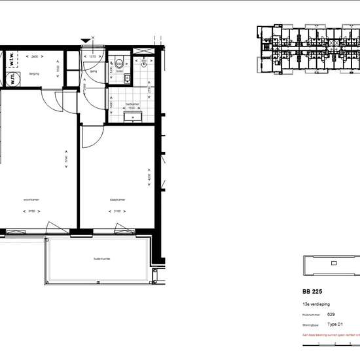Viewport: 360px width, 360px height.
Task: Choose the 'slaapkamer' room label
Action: (117, 199)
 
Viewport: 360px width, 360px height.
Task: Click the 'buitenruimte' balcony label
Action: (101, 259)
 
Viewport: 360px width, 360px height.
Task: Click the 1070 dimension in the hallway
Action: (92, 57)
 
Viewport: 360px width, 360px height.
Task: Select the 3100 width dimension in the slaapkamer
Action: (116, 211)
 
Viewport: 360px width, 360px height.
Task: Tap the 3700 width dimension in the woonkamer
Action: (31, 211)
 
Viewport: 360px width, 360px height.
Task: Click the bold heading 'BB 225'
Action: (313, 292)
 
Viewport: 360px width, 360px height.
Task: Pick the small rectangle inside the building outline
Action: (333, 264)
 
